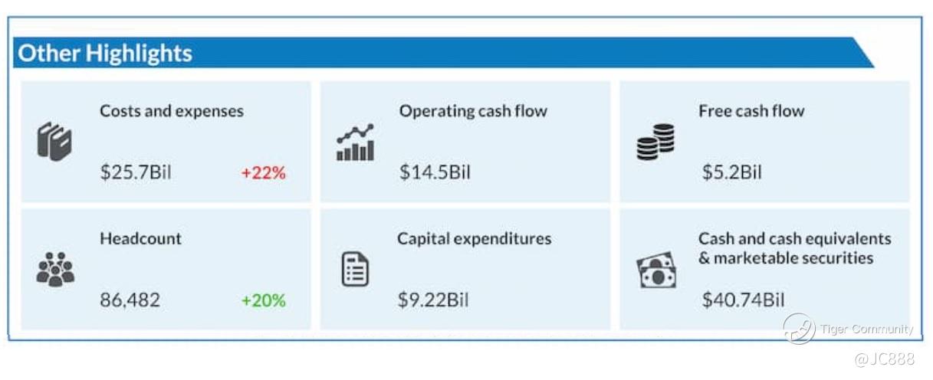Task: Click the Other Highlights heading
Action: click(105, 54)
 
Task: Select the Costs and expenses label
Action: click(172, 111)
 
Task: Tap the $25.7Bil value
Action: click(136, 172)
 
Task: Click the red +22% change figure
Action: click(264, 172)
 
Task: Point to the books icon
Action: click(54, 142)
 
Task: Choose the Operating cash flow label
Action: click(473, 111)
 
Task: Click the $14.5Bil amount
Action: click(435, 172)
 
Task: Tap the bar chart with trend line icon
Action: click(355, 142)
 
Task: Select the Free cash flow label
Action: click(751, 111)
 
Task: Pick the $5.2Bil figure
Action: click(732, 172)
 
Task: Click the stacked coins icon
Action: click(655, 142)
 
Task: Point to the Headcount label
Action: click(140, 238)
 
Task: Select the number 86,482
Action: click(130, 300)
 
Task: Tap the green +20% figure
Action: click(264, 300)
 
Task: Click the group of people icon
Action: click(55, 269)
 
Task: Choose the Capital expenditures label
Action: click(475, 239)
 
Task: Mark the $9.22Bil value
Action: click(433, 300)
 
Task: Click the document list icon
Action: click(355, 269)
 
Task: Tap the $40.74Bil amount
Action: click(743, 300)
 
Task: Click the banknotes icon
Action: click(656, 270)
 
